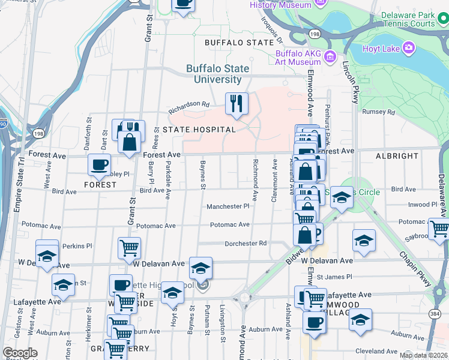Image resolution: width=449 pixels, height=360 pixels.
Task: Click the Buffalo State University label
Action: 214,74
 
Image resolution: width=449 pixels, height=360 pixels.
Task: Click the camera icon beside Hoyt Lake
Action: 409,47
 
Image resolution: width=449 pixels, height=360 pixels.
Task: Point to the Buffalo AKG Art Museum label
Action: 298,57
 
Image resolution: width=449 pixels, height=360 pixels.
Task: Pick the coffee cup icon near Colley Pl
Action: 99,164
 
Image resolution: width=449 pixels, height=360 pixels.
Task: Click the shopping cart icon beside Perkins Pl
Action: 130,247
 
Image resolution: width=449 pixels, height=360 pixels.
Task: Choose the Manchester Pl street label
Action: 228,206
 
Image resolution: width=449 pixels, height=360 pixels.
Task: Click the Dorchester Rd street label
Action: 245,244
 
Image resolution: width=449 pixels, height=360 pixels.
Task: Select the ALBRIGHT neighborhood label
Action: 397,156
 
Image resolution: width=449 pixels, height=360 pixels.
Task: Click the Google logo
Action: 20,353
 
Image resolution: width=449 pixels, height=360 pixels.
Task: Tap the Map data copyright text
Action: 423,355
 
